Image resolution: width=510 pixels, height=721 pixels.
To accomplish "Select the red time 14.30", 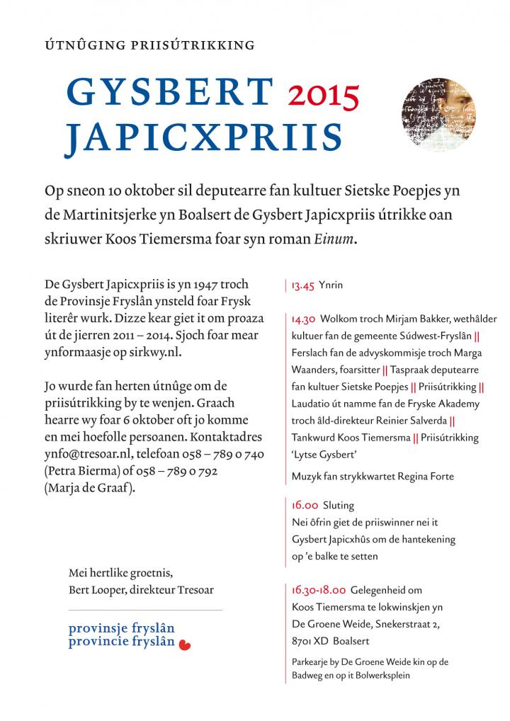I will click(303, 319).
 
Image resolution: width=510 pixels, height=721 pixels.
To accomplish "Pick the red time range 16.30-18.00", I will click(318, 590).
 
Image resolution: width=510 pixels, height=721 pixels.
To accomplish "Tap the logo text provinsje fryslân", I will click(121, 628).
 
